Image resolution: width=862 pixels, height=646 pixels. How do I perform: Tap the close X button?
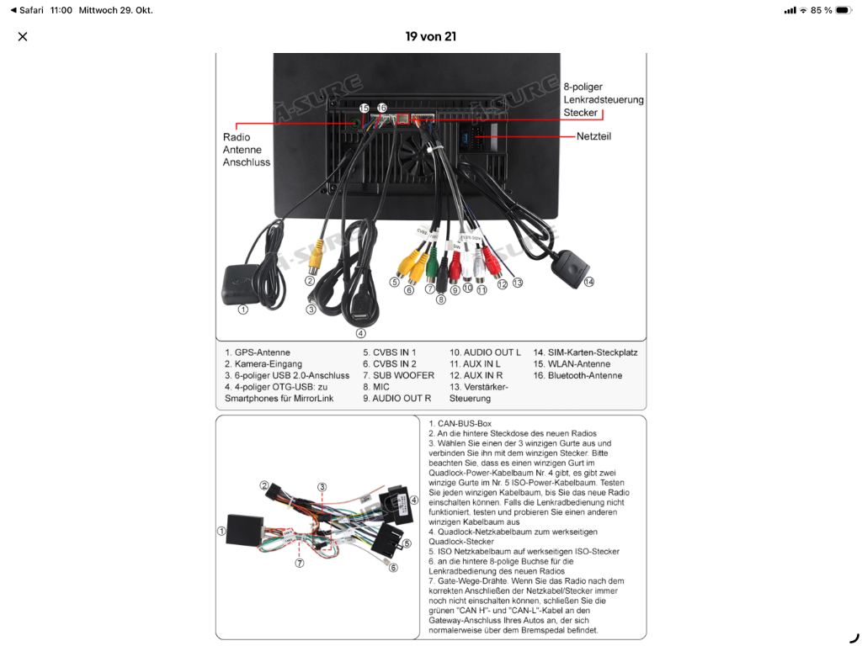[x=23, y=36]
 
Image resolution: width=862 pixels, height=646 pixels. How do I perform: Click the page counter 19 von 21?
[x=430, y=36]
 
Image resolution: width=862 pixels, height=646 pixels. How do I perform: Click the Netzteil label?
[x=593, y=136]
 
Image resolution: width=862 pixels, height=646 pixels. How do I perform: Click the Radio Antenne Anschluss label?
[x=246, y=150]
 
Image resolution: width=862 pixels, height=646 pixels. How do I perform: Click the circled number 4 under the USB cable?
[x=360, y=333]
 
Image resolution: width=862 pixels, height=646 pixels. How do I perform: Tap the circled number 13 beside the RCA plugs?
[x=517, y=283]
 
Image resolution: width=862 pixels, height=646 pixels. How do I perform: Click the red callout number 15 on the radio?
[x=364, y=109]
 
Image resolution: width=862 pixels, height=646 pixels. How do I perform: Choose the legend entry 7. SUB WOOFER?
[x=398, y=375]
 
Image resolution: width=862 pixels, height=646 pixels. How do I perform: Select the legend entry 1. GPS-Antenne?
[x=258, y=352]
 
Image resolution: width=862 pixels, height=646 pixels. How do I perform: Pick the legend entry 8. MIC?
[x=376, y=387]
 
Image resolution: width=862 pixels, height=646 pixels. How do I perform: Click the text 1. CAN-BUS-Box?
[x=460, y=423]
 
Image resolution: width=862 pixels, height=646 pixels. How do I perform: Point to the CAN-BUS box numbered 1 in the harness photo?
[x=245, y=531]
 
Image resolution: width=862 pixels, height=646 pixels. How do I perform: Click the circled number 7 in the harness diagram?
[x=299, y=563]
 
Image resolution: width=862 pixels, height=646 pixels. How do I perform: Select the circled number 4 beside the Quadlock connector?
[x=413, y=500]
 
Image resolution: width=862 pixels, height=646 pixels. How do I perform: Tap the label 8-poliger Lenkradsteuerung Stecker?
[x=603, y=99]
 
